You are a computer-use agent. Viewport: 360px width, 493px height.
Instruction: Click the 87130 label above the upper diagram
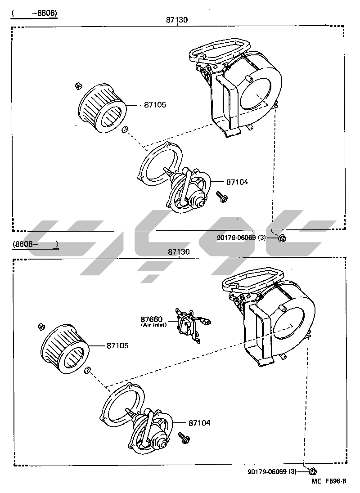pos(177,20)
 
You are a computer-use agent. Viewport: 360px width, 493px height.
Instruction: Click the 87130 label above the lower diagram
pos(179,251)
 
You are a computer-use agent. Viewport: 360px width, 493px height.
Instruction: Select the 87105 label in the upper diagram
pos(155,105)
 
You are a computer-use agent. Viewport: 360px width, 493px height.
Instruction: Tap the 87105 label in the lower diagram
pos(117,345)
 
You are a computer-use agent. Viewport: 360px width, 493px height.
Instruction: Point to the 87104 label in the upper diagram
pos(237,182)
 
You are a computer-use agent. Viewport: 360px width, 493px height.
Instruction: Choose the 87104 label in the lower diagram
pos(199,423)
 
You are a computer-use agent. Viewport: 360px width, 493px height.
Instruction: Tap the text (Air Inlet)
pos(154,325)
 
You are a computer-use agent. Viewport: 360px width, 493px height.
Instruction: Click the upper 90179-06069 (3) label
pos(241,238)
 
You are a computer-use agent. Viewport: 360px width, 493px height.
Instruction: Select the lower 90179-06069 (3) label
pos(272,471)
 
